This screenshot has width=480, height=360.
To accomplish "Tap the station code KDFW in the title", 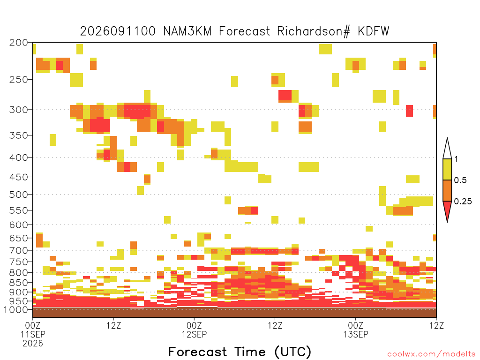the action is tap(374, 31).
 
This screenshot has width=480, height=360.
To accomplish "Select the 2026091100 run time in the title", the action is tap(118, 31).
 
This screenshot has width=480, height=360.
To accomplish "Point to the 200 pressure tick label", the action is tap(18, 43).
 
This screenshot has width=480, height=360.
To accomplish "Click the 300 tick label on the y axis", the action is tap(18, 110).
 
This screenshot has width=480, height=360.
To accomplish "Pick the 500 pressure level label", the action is tap(18, 195).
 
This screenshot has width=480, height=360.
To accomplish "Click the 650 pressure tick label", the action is tap(18, 238).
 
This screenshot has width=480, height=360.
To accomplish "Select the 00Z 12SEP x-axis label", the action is tap(194, 330).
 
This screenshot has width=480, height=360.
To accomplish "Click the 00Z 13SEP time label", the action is tap(356, 330).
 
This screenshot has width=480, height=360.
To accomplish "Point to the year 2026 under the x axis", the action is tap(33, 344).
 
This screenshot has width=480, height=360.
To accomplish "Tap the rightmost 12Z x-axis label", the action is tap(436, 325).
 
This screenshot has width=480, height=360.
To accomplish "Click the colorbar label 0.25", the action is tap(463, 202).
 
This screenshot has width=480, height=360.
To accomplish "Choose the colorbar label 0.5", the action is tap(460, 180).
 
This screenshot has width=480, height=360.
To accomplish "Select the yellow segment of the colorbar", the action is tap(447, 169).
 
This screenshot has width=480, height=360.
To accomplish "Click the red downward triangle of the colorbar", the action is tap(447, 210).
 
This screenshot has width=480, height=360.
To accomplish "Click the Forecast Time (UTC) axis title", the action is tap(240, 352).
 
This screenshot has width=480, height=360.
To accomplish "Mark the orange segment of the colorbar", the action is tap(447, 190).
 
